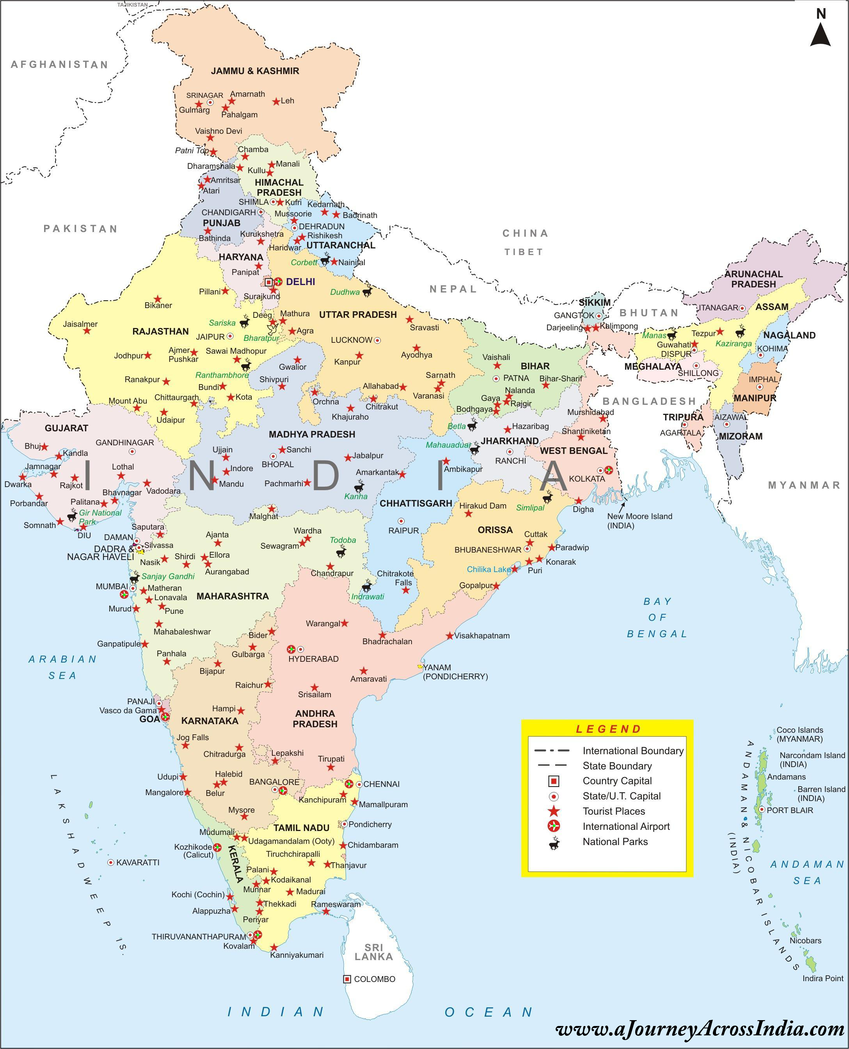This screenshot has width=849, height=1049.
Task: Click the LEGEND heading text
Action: pyautogui.click(x=608, y=729)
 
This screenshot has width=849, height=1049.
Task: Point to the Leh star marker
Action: pyautogui.click(x=276, y=101)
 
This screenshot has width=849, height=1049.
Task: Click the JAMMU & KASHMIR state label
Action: pyautogui.click(x=255, y=71)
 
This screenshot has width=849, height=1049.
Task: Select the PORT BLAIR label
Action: pyautogui.click(x=789, y=810)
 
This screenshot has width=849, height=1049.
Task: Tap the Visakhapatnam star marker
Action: pyautogui.click(x=449, y=636)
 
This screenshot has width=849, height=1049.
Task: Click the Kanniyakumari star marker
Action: pyautogui.click(x=274, y=947)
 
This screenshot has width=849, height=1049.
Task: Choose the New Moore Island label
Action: pyautogui.click(x=639, y=521)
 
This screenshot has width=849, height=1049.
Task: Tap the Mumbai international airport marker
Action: pyautogui.click(x=124, y=594)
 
